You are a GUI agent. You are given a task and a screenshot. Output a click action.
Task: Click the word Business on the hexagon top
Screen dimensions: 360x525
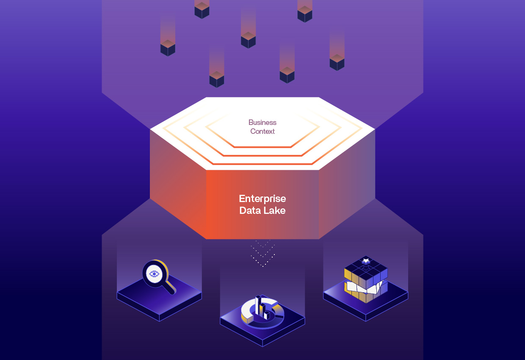coord(262,122)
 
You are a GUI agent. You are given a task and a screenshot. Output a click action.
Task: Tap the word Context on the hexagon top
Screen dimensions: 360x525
coord(262,131)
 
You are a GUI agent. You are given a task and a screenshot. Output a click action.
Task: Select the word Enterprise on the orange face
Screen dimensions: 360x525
coord(262,199)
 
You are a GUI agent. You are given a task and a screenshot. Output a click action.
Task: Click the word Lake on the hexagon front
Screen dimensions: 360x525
coord(275,210)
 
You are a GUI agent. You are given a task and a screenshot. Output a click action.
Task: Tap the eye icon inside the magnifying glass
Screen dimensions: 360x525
coord(154,274)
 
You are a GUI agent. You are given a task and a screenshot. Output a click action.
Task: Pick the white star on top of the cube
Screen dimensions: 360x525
coord(366,260)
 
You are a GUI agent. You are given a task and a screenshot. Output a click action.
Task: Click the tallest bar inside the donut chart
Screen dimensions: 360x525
coord(258,305)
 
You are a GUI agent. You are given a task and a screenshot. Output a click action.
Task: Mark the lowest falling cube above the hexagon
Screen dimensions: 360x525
coord(216,79)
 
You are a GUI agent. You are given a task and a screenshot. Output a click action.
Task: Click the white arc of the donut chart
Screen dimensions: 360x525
coord(246,313)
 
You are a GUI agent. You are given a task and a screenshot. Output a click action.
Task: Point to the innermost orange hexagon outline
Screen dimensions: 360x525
coord(262,147)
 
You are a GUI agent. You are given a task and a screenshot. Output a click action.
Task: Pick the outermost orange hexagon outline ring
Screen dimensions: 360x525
coord(262,163)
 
